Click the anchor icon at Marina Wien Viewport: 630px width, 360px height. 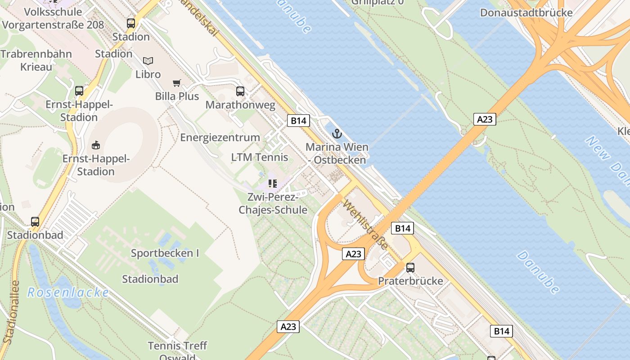(x=337, y=133)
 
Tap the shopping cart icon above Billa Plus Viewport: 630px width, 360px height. (x=177, y=83)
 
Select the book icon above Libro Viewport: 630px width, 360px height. (x=148, y=61)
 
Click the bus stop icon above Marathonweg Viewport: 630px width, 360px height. (x=240, y=91)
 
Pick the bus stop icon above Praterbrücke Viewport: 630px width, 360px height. (x=410, y=268)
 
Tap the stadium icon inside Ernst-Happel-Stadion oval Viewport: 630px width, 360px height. (x=95, y=145)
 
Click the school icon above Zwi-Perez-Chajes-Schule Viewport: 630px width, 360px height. (x=273, y=184)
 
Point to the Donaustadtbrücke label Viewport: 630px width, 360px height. (x=526, y=13)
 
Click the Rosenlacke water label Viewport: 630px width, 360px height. (x=68, y=292)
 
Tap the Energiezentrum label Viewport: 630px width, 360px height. (x=220, y=137)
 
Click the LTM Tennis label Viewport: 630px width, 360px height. (x=260, y=157)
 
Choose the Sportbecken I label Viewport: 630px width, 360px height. (x=165, y=253)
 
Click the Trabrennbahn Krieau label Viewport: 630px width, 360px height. (x=36, y=60)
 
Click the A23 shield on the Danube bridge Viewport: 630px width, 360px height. (x=485, y=119)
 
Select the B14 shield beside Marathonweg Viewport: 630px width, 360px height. (x=298, y=121)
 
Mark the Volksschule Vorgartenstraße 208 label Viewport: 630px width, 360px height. (x=53, y=18)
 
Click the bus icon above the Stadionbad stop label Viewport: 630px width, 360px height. (x=35, y=222)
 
